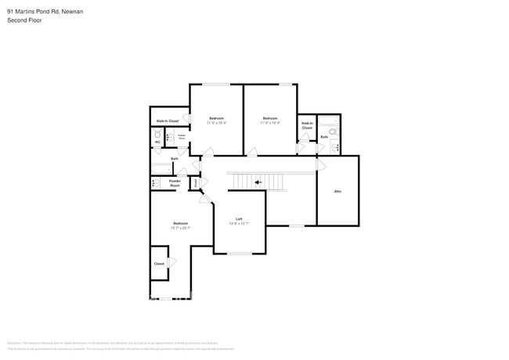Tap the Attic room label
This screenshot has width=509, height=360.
point(338,191)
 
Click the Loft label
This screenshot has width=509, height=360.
point(239,219)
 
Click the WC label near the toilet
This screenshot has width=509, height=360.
point(157,142)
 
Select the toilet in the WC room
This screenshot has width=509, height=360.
point(157,135)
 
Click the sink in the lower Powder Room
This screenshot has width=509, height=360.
point(156,183)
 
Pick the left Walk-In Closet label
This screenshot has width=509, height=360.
point(168,121)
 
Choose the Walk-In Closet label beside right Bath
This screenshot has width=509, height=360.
point(307,125)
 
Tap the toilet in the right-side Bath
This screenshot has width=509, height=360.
point(334,146)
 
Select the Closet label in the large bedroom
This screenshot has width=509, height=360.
point(159,264)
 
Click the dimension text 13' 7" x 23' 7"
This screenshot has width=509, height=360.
point(181,228)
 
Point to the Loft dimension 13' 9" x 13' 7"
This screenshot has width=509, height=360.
point(239,224)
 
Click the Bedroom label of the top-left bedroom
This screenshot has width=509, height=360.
point(216,118)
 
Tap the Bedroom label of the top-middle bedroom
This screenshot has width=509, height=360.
point(270,118)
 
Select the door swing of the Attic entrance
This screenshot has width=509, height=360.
point(320,166)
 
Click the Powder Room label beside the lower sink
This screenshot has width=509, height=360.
point(175,183)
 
